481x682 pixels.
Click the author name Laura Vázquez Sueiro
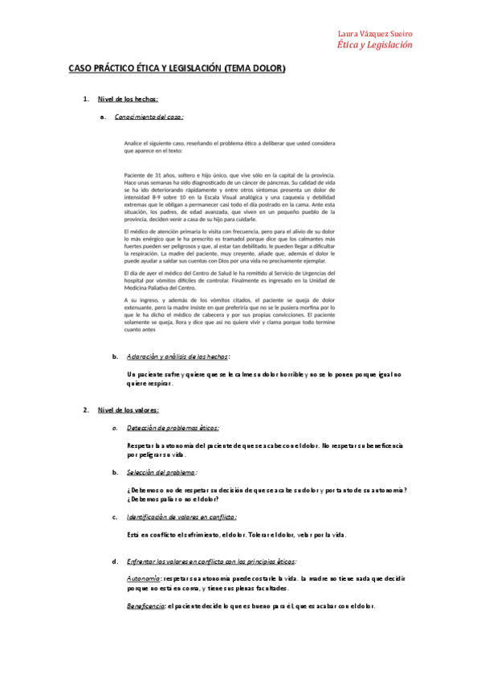pos(376,35)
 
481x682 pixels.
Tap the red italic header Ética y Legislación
pos(375,46)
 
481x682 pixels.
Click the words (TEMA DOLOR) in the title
pos(255,69)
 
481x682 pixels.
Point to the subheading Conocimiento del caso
pos(149,117)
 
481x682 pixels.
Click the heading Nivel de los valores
pos(128,410)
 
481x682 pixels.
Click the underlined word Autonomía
pos(143,578)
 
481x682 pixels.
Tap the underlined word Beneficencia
pos(146,606)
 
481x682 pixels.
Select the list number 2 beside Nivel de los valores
pos(86,410)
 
